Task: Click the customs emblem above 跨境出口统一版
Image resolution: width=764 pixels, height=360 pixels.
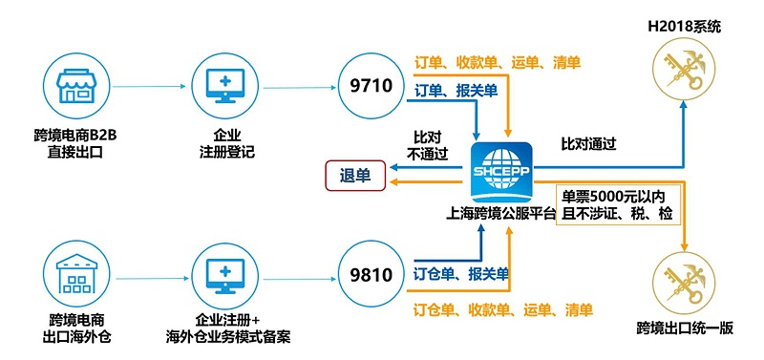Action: [x=685, y=279]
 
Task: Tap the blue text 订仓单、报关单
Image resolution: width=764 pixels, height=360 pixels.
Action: [x=460, y=275]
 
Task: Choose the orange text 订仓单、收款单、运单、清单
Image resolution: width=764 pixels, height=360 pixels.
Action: [x=502, y=309]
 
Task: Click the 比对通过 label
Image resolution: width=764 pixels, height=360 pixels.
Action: [x=588, y=145]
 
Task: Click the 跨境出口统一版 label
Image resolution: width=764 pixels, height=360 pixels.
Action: [x=685, y=329]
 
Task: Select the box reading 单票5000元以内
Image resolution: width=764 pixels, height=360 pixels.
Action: [x=618, y=202]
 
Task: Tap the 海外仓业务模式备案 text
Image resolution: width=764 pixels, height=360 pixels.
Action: [x=227, y=337]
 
